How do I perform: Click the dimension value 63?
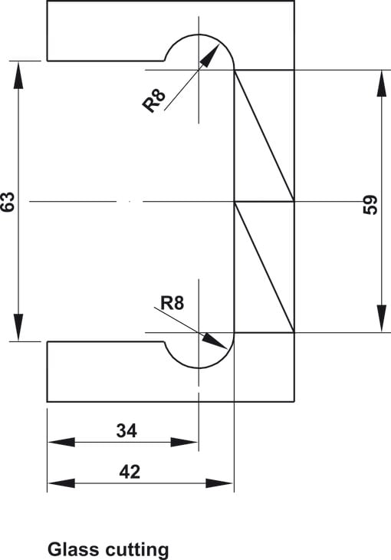tap(8, 202)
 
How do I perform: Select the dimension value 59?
tap(370, 205)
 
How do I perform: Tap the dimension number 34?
tap(127, 430)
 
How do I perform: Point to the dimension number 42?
tap(130, 472)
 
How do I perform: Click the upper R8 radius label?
tap(154, 100)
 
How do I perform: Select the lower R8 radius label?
tap(172, 303)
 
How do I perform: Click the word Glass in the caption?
tap(73, 548)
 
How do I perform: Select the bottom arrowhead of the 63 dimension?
tap(18, 328)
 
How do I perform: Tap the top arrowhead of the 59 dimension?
tap(382, 84)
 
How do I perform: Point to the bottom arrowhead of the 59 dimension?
tap(382, 318)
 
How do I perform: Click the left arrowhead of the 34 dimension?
tap(61, 442)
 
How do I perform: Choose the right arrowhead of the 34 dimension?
tap(184, 442)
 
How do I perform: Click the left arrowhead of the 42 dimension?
tap(61, 483)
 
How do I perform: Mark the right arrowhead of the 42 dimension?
tap(219, 483)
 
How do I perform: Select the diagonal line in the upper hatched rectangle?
tap(264, 136)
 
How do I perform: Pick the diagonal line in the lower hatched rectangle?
tap(264, 268)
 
